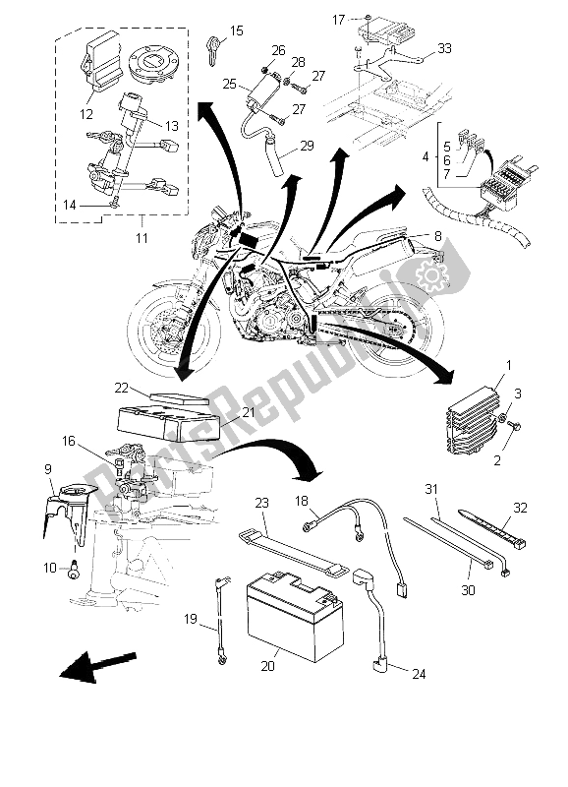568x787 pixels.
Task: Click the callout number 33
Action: pyautogui.click(x=446, y=47)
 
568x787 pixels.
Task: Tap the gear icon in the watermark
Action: pyautogui.click(x=429, y=277)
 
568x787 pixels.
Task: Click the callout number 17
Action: pyautogui.click(x=337, y=19)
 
